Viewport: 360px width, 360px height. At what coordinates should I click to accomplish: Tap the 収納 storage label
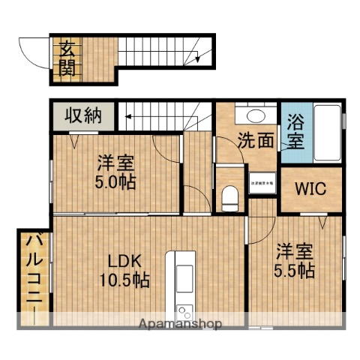[82, 115]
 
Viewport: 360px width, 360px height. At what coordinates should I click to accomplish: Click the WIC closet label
[310, 188]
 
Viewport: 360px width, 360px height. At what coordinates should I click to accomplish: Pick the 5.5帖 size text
[293, 271]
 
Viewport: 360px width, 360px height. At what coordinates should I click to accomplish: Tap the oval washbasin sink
[256, 115]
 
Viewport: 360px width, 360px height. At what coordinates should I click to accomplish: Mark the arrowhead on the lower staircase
[128, 116]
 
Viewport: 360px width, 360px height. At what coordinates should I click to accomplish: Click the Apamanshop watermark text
[179, 324]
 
